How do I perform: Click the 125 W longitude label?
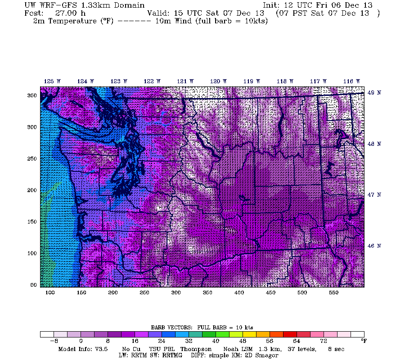click(52, 81)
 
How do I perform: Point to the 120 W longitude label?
click(218, 81)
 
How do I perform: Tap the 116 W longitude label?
click(351, 81)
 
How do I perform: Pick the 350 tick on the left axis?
click(32, 95)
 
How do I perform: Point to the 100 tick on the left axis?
click(32, 253)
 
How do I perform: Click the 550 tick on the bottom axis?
click(333, 292)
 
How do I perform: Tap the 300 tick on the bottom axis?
click(176, 292)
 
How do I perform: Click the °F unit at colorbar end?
click(364, 341)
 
